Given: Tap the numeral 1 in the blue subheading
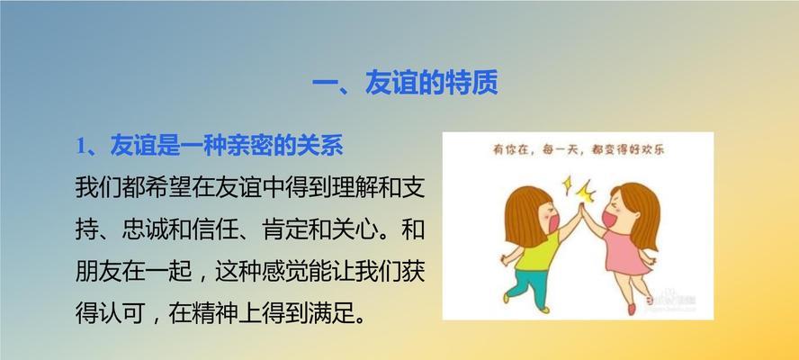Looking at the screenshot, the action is (x=80, y=147).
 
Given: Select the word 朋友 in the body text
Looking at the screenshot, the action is (x=99, y=273).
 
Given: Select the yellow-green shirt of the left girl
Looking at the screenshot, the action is (x=536, y=251).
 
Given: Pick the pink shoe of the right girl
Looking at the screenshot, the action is (x=632, y=310).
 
